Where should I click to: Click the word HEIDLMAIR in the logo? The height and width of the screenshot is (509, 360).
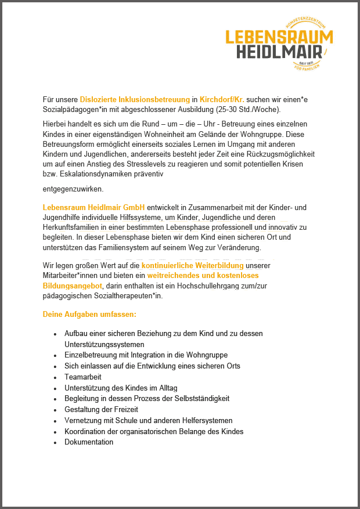tap(279, 52)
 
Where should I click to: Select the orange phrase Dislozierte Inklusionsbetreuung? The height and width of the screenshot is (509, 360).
tap(135, 99)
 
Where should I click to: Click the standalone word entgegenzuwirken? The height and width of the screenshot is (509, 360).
tap(73, 189)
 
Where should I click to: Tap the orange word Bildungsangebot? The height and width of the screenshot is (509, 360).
tap(72, 286)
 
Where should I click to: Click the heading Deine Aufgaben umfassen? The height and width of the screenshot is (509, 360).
tap(89, 314)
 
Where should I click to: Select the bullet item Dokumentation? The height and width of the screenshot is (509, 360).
tap(89, 442)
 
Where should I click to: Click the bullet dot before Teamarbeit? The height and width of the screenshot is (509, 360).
tap(55, 377)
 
